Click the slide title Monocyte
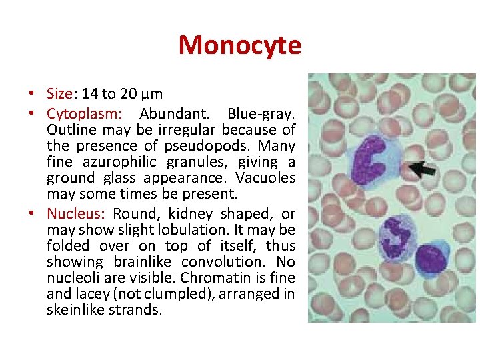(240, 45)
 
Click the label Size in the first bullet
(59, 94)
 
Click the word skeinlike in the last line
(73, 310)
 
